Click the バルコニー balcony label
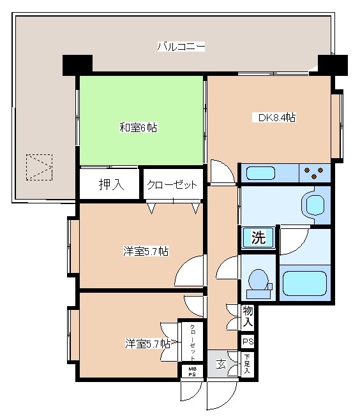point(181,47)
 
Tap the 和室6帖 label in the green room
point(138,128)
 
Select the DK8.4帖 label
point(276,117)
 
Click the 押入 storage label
point(109,185)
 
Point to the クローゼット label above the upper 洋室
point(172,185)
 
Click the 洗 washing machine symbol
point(258,239)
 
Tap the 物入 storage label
point(248,316)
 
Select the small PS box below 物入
point(248,342)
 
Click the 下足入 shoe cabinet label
point(248,366)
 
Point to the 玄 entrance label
point(221,365)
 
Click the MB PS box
point(191,371)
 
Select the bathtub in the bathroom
point(304,283)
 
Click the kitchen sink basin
point(260,173)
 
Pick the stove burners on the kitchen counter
point(314,172)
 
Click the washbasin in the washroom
point(316,205)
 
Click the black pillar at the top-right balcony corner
point(332,65)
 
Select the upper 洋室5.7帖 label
point(146,251)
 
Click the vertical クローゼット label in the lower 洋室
point(191,343)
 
